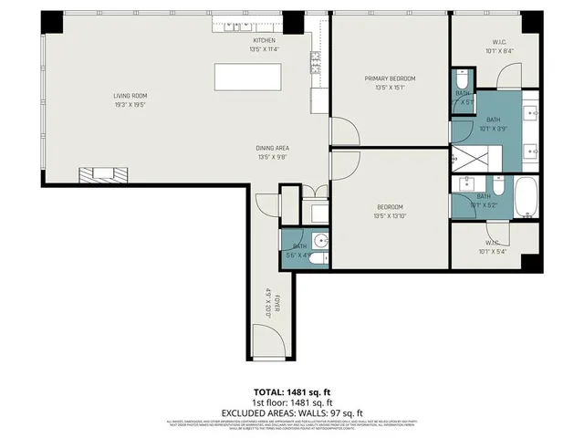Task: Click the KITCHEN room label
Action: [x=264, y=41]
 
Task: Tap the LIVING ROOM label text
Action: [x=130, y=96]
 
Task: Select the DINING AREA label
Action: [x=273, y=148]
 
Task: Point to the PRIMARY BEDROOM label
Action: [x=390, y=79]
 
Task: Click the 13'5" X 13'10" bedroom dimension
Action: [x=390, y=216]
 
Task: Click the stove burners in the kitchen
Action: [x=315, y=62]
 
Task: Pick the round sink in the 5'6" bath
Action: [x=319, y=242]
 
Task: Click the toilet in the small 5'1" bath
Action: [x=462, y=85]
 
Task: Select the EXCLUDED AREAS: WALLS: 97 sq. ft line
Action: [x=292, y=412]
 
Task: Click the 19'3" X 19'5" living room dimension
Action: [x=130, y=105]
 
